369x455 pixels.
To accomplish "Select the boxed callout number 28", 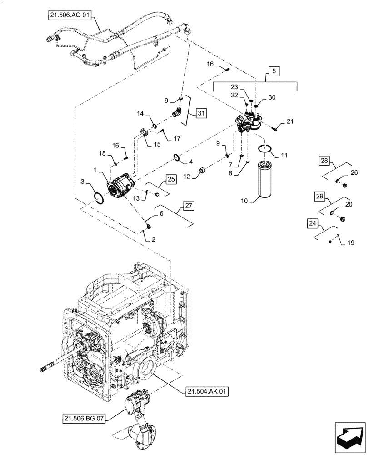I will pos(324,161).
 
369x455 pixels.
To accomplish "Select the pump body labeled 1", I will pos(121,186).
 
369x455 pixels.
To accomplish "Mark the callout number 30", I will pos(272,97).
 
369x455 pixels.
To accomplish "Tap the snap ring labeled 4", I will pos(178,158).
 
